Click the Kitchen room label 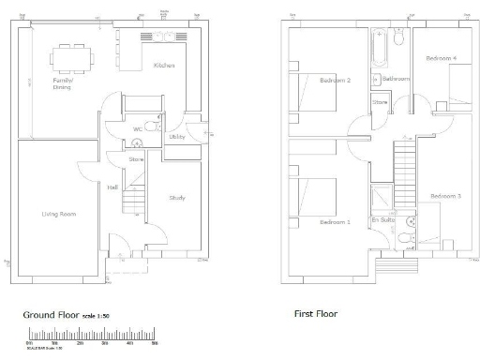tap(165, 66)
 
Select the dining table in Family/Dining tap(73, 59)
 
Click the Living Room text tap(58, 215)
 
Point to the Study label tap(177, 198)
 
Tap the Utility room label tap(176, 138)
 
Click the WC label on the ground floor tap(137, 128)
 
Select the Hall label tap(112, 188)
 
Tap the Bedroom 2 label tap(335, 81)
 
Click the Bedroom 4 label tap(441, 58)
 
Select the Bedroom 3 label tap(445, 195)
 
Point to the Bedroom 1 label tap(334, 222)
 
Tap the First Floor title tap(315, 314)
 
